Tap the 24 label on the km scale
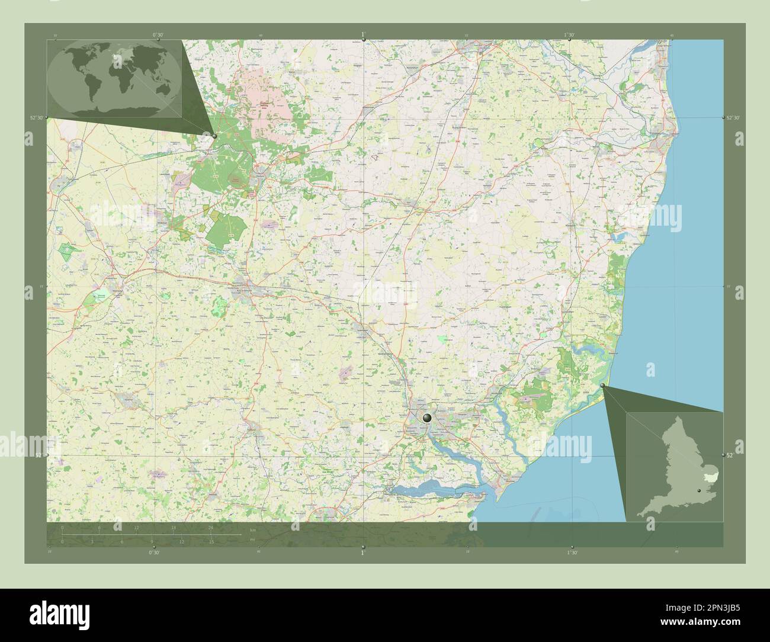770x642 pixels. click(x=210, y=528)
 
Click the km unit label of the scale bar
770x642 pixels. click(x=253, y=529)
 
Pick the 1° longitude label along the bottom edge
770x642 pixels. click(x=363, y=553)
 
